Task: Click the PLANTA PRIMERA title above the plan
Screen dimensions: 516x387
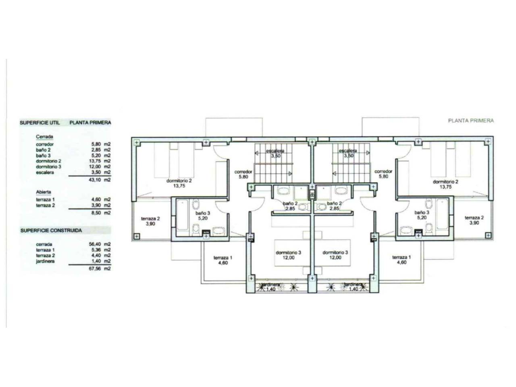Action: click(x=470, y=121)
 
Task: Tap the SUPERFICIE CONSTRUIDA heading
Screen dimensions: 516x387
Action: click(x=51, y=231)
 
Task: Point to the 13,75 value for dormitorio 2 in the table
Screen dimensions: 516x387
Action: click(x=96, y=161)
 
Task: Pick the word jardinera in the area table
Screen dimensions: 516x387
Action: click(x=45, y=261)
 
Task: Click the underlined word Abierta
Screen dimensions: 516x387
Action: click(x=44, y=192)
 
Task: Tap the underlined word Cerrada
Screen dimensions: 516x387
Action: click(x=44, y=137)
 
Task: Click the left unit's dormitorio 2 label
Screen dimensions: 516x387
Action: click(x=179, y=181)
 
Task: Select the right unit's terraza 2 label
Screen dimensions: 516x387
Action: click(x=474, y=218)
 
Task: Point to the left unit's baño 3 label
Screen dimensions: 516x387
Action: click(x=203, y=213)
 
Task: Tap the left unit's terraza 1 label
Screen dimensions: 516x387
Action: click(x=223, y=258)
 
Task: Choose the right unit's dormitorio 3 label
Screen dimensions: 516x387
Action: click(x=335, y=252)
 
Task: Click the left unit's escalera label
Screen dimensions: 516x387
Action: click(x=275, y=151)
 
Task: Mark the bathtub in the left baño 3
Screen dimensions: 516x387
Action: click(x=182, y=214)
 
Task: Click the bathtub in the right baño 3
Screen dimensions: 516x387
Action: click(x=442, y=214)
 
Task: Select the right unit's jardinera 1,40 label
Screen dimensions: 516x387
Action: click(x=353, y=287)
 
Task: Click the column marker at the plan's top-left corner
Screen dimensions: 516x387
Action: click(x=137, y=142)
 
